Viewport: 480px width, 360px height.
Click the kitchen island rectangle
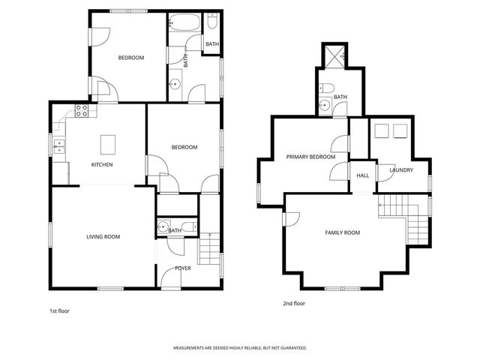click(x=107, y=142)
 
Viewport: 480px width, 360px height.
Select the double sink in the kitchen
click(x=58, y=146)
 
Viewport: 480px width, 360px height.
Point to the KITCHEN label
click(x=102, y=165)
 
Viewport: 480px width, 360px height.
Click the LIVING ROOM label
click(x=103, y=237)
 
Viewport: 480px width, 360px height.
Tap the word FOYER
click(x=183, y=268)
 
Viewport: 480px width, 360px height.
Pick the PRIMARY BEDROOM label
click(x=310, y=157)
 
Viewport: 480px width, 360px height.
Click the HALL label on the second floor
click(x=363, y=175)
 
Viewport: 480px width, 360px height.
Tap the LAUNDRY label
click(x=401, y=170)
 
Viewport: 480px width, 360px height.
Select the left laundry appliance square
click(x=381, y=130)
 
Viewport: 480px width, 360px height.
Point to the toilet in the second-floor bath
click(x=324, y=106)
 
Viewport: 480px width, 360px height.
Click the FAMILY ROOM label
click(x=342, y=233)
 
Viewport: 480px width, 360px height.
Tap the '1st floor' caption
click(x=59, y=310)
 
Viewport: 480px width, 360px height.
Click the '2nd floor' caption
click(x=294, y=304)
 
